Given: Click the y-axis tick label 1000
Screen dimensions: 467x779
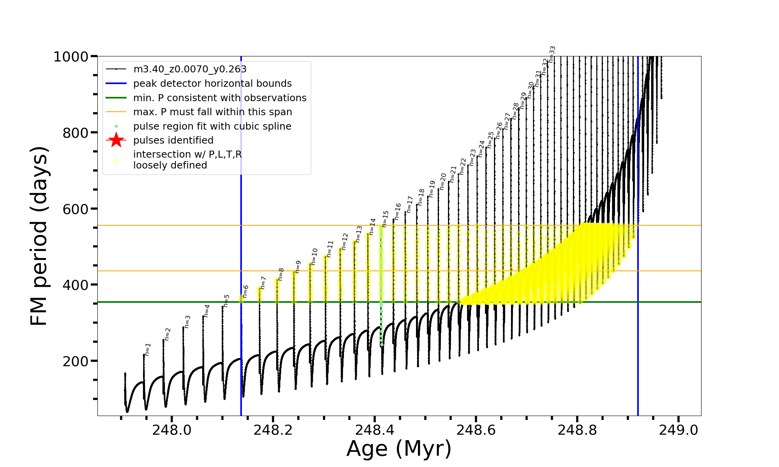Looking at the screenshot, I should pos(71,57).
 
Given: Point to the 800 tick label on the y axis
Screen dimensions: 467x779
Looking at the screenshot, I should pos(76,133).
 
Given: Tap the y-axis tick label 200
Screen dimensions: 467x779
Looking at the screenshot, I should pos(76,362).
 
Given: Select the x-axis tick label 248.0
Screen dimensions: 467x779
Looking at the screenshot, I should pos(172,430).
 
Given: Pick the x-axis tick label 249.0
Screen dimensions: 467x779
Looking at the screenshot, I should pos(679,430).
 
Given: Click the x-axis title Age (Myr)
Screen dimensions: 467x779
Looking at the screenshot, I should pos(399,449).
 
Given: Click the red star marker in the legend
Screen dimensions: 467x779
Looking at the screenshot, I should pos(116,140).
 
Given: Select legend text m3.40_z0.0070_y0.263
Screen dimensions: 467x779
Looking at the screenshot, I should pos(190,69).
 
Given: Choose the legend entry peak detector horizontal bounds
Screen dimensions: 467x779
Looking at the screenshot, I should pos(212,84).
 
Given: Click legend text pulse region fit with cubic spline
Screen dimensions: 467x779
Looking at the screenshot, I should pos(212,126).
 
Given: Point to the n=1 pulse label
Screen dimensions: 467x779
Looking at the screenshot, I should pos(148,349).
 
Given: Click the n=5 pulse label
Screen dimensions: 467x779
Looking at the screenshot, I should pos(227,301).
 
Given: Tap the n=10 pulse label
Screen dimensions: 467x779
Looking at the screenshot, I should pos(315,256).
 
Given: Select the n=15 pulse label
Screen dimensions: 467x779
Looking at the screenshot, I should pos(386,219).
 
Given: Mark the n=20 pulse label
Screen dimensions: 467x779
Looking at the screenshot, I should pos(443,181).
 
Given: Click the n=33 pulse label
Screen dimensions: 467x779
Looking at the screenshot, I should pos(552,54).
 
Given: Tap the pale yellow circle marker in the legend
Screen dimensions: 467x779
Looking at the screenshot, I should pos(116,160).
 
